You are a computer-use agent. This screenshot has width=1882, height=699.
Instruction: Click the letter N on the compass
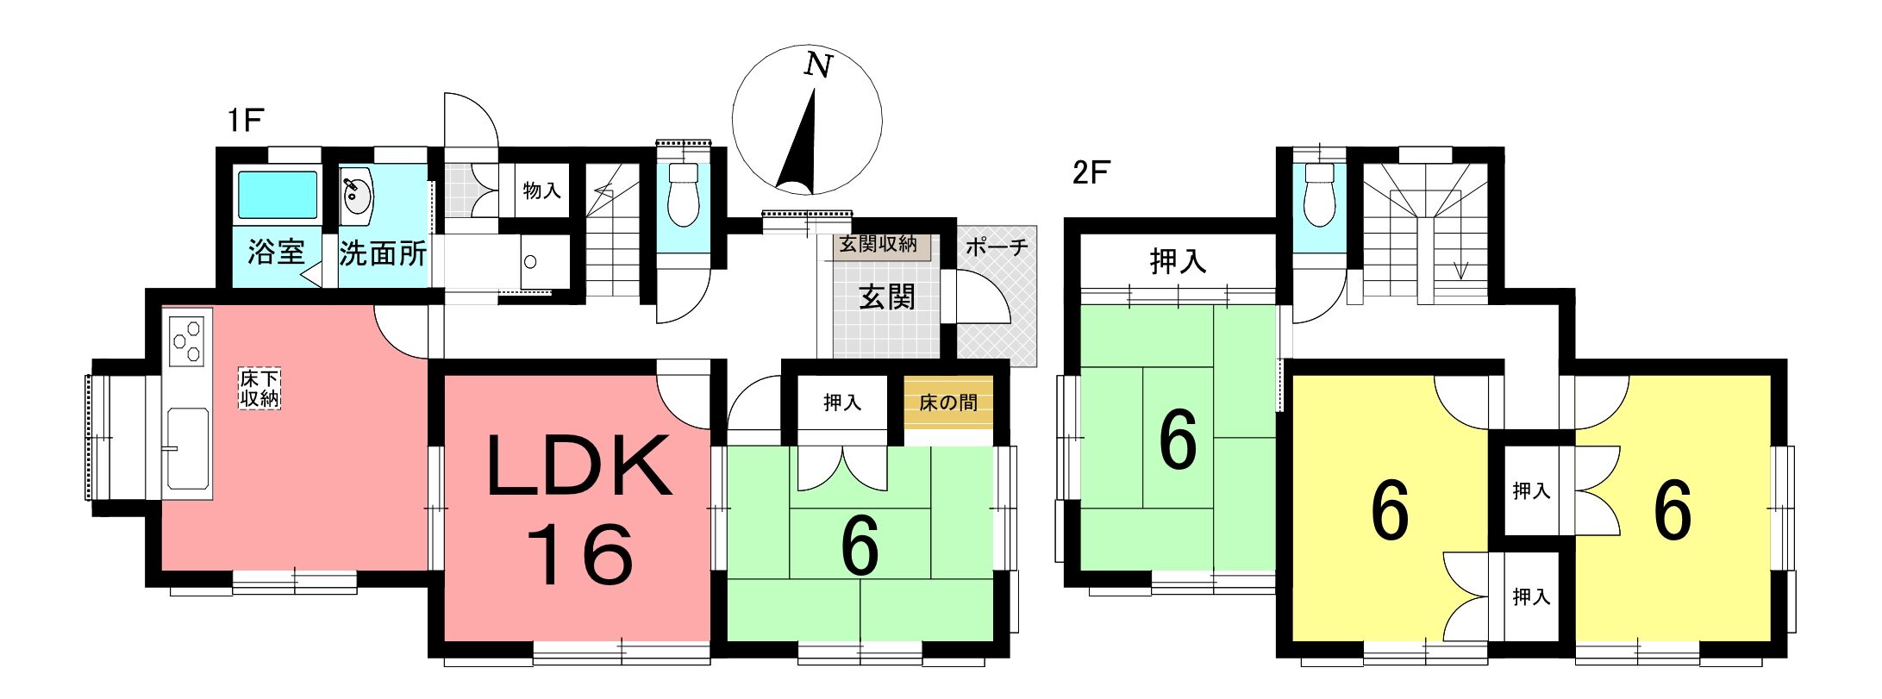pyautogui.click(x=818, y=65)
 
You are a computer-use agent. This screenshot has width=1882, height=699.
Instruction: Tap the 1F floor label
pyautogui.click(x=245, y=121)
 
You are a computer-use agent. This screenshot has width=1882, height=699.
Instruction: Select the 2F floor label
pyautogui.click(x=1090, y=173)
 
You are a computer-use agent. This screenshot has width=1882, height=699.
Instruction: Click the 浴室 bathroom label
pyautogui.click(x=276, y=252)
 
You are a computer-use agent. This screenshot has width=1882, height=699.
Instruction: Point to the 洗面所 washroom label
pyautogui.click(x=383, y=253)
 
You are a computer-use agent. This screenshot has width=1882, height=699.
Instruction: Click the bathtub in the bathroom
pyautogui.click(x=277, y=195)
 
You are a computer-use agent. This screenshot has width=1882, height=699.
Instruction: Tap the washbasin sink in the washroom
pyautogui.click(x=357, y=197)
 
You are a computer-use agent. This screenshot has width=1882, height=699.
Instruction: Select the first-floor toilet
pyautogui.click(x=683, y=194)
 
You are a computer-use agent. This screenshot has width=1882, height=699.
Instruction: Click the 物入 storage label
pyautogui.click(x=542, y=190)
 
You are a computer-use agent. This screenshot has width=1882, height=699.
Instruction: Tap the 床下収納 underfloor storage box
pyautogui.click(x=259, y=389)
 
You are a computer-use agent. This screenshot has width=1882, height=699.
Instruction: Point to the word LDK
pyautogui.click(x=579, y=466)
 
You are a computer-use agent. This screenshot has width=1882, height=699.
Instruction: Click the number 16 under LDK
pyautogui.click(x=580, y=556)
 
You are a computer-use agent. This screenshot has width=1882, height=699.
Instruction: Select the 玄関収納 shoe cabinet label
pyautogui.click(x=878, y=245)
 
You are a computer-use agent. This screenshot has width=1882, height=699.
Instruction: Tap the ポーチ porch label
pyautogui.click(x=997, y=247)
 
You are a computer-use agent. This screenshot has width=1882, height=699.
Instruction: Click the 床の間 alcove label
pyautogui.click(x=947, y=403)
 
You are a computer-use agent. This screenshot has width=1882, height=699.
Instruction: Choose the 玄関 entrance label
pyautogui.click(x=887, y=297)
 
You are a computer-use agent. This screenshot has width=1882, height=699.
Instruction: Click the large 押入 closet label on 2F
pyautogui.click(x=1178, y=261)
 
